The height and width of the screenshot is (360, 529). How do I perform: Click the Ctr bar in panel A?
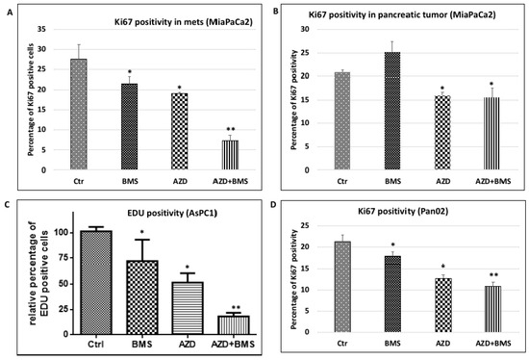coord(79,115)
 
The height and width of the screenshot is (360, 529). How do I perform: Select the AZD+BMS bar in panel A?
coord(230,155)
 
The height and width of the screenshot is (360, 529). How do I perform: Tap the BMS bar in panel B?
coord(392,111)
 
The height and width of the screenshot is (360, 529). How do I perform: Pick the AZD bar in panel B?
coord(442,133)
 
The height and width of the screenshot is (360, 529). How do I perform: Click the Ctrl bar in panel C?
coord(96,283)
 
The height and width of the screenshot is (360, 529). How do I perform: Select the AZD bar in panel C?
coord(188,308)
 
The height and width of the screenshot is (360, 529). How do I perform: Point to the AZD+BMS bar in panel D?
coord(492,309)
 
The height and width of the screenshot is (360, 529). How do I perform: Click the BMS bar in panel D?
coord(392,295)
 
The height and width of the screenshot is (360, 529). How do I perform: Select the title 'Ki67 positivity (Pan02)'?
coord(403,212)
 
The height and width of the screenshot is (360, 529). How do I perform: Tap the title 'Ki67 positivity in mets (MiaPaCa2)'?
coord(184,22)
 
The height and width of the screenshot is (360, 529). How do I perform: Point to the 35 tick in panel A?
coord(41,30)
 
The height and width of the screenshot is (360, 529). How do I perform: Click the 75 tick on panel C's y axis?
coord(63,258)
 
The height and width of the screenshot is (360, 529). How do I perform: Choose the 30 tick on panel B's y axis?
coord(305,30)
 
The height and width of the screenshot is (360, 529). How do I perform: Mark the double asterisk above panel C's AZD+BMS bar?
coord(236,308)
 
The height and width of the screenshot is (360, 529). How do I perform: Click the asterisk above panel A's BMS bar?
coord(129,72)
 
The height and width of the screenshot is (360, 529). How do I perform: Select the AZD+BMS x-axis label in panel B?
coord(492,181)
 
